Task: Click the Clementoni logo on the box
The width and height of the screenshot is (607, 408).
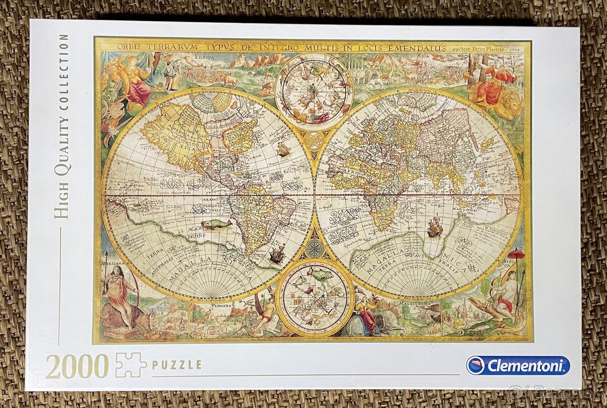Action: [518, 365]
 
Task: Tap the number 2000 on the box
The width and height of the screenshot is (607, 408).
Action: [77, 365]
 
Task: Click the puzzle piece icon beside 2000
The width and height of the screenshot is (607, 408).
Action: [131, 364]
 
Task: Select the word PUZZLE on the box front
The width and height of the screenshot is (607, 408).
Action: [177, 364]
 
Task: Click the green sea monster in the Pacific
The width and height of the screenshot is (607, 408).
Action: [216, 224]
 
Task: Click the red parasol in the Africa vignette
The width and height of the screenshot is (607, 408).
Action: [516, 254]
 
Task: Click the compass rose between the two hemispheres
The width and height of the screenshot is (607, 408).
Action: [314, 248]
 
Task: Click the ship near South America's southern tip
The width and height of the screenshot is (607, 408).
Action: [277, 254]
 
